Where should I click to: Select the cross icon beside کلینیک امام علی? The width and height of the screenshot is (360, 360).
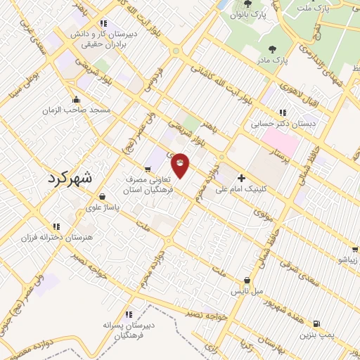click(242, 179)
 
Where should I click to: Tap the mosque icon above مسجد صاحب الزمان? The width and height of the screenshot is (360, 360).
click(75, 99)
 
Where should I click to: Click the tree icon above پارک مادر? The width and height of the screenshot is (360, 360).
click(272, 49)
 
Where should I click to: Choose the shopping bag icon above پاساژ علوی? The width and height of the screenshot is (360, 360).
click(104, 196)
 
